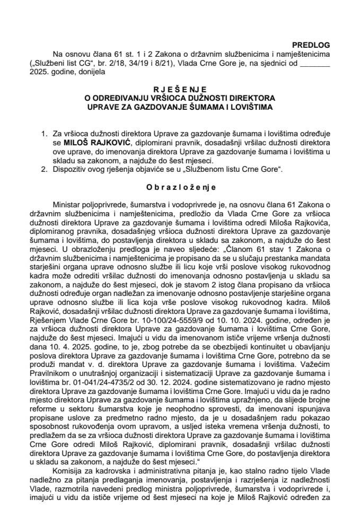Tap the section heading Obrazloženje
pyautogui.click(x=180, y=187)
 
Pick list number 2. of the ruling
pyautogui.click(x=44, y=169)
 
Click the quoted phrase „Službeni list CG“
pyautogui.click(x=60, y=64)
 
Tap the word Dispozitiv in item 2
pyautogui.click(x=70, y=169)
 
